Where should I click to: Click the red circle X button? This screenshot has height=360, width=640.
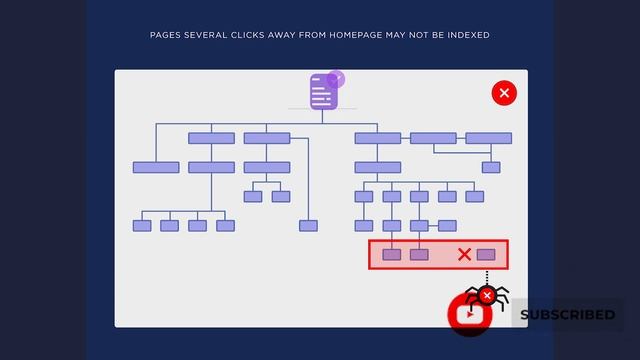click(x=504, y=93)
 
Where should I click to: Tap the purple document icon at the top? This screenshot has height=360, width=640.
click(x=323, y=92)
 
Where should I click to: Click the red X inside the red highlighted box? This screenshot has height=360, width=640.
click(x=464, y=255)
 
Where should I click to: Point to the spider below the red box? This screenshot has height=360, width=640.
click(x=487, y=296)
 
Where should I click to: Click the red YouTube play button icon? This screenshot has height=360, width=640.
click(x=469, y=314)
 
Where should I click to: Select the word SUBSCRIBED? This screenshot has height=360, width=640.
click(x=567, y=314)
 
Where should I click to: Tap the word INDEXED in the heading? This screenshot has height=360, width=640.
click(x=467, y=35)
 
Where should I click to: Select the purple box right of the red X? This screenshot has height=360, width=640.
click(x=486, y=255)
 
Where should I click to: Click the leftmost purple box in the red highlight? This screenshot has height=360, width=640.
click(x=392, y=255)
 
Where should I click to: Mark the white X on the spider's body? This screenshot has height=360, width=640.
click(x=487, y=296)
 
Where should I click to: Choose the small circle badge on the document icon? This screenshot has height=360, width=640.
click(x=335, y=77)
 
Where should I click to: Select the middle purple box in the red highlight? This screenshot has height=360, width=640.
click(x=419, y=255)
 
